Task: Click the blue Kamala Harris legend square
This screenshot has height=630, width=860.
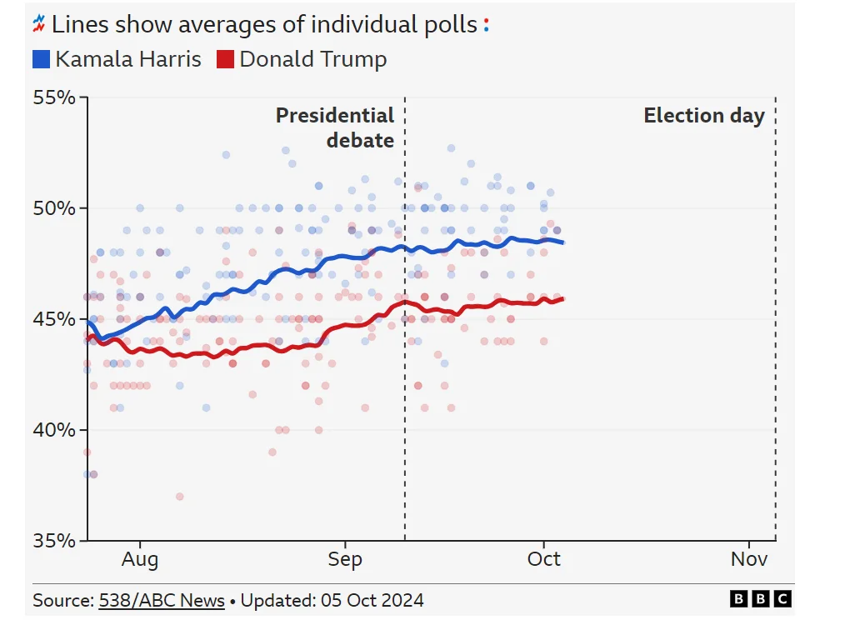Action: click(42, 60)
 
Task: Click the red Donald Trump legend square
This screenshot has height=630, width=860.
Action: click(225, 60)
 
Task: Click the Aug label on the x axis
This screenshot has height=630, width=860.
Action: click(139, 559)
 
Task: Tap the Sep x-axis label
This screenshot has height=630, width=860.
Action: click(345, 559)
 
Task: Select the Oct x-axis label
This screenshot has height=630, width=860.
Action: click(543, 559)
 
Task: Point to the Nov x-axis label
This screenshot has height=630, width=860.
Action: click(749, 559)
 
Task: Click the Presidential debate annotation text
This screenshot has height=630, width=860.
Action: click(335, 127)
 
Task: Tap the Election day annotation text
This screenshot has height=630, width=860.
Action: click(704, 116)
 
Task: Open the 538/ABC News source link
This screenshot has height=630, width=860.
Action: click(162, 600)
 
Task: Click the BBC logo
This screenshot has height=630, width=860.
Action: click(760, 599)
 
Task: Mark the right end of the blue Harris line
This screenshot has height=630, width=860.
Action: click(564, 242)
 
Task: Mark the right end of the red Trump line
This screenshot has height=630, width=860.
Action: click(563, 299)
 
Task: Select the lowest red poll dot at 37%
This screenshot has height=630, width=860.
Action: click(179, 497)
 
